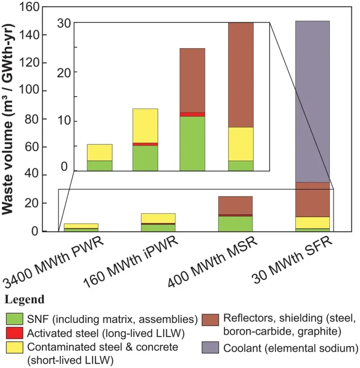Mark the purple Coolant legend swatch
pos(221,347)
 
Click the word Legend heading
pos(25,300)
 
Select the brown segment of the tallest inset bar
pos(240,74)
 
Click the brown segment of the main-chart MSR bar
pos(235,205)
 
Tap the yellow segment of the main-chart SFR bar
pos(312,222)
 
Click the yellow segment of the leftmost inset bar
pos(99,152)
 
